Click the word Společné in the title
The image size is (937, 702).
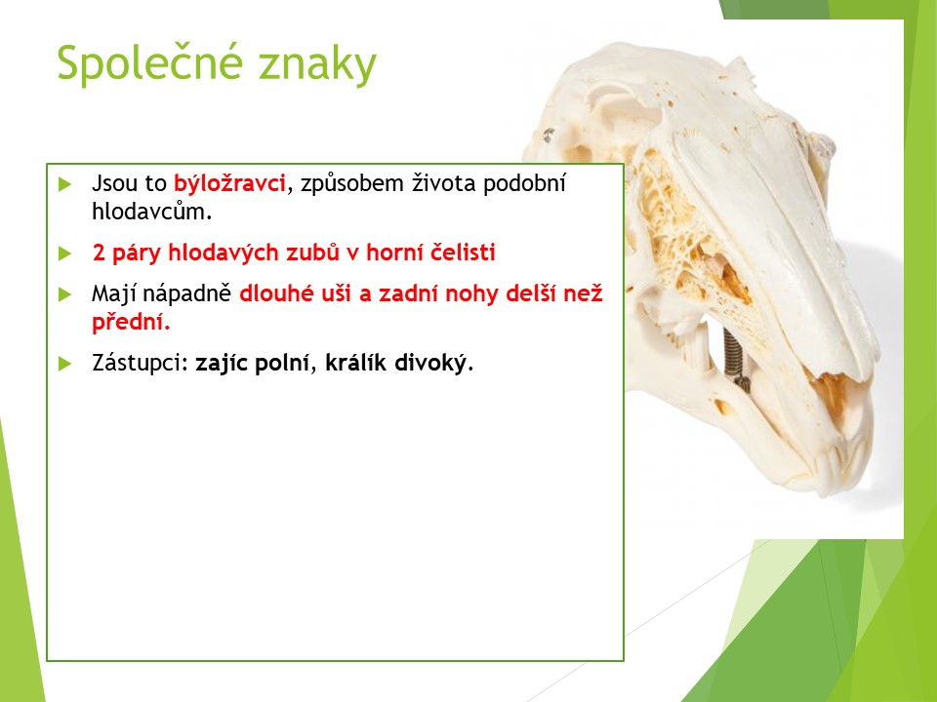(150, 62)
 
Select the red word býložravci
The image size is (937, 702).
(229, 183)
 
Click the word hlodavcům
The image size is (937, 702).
(152, 212)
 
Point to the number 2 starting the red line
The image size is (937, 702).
(99, 253)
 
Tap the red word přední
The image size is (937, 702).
(131, 323)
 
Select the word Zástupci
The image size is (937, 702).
(141, 363)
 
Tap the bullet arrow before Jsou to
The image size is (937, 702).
(65, 184)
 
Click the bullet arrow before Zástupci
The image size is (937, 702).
(65, 364)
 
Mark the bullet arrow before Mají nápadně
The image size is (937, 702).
(65, 294)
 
